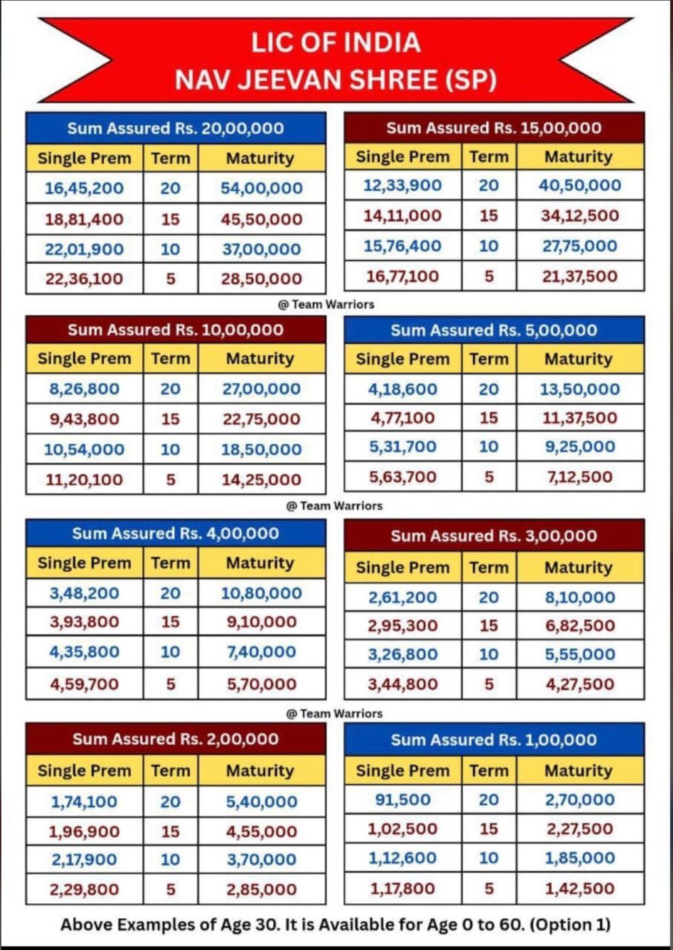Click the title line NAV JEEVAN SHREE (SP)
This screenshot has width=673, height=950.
point(336,80)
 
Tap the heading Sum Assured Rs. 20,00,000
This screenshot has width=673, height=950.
point(175,129)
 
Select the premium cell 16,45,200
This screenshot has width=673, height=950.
point(84,188)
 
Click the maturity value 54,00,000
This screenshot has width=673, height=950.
point(261,188)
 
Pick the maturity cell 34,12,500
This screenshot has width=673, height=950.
point(580,216)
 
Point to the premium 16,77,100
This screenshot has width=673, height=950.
point(402,276)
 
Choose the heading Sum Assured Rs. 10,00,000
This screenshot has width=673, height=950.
point(175,330)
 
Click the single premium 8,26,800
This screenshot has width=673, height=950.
point(84,389)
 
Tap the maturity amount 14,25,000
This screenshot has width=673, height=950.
point(261,480)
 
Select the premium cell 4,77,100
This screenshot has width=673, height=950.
point(402,418)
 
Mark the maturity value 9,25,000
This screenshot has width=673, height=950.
point(580,447)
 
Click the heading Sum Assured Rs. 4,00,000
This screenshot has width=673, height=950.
point(175,533)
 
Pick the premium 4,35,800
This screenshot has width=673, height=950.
point(84,652)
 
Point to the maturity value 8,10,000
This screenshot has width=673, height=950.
point(580,597)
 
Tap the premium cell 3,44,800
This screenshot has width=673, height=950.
point(402,684)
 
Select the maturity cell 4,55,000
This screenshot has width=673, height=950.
point(261,832)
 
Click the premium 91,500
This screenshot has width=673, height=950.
point(402,800)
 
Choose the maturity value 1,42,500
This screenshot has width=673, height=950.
point(580,888)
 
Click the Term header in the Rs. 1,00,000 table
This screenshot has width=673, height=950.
point(488,771)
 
